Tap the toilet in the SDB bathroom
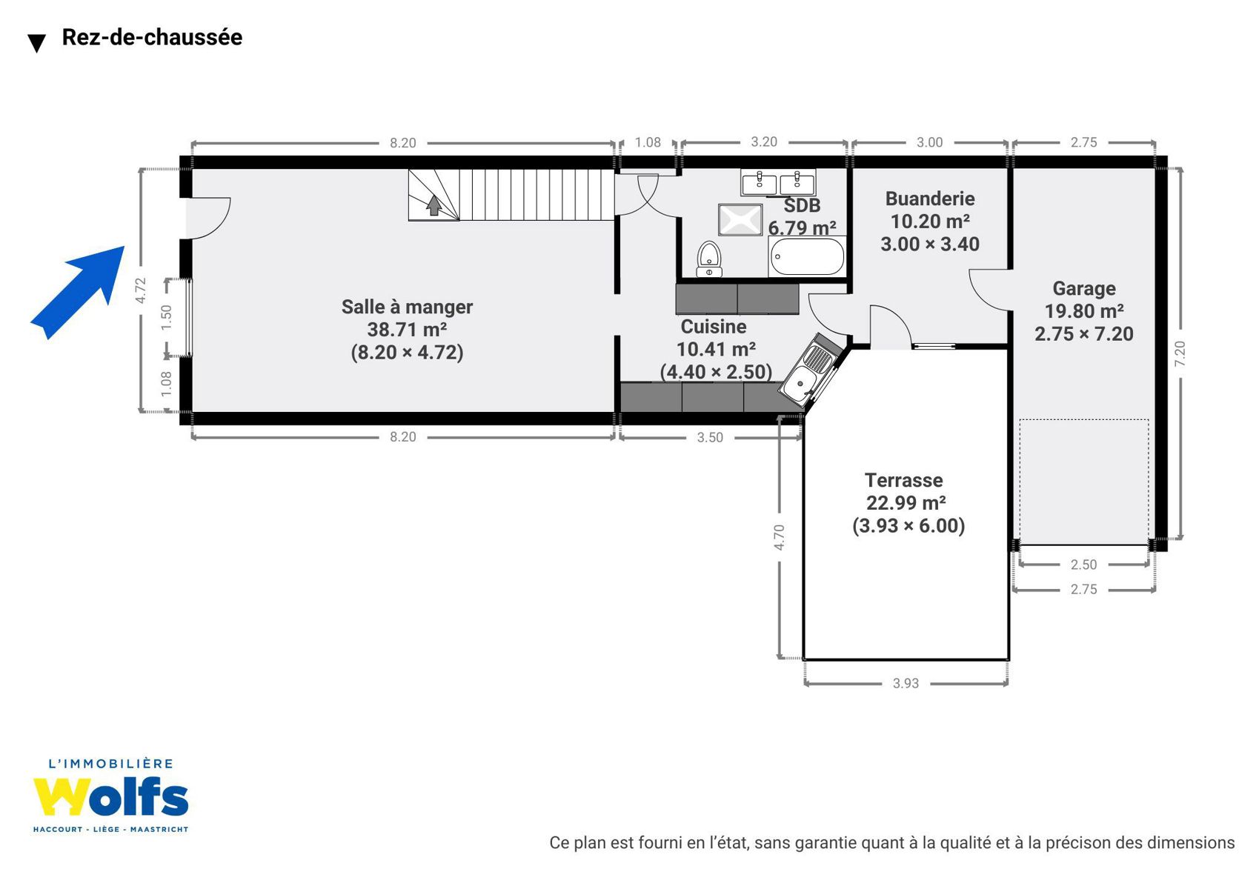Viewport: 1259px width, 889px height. tap(709, 259)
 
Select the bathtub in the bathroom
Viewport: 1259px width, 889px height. tap(807, 256)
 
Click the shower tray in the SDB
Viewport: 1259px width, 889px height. tap(740, 219)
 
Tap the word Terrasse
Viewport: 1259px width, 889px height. tap(904, 480)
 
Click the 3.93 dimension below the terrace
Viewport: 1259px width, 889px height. tap(906, 683)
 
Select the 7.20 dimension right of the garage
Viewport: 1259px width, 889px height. tap(1180, 353)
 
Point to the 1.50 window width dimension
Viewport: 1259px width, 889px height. tap(166, 318)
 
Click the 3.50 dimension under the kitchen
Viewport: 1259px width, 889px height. tap(710, 437)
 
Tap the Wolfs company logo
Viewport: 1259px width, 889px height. tap(110, 795)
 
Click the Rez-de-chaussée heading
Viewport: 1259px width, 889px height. tap(152, 37)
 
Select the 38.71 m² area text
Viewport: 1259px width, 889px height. tap(407, 330)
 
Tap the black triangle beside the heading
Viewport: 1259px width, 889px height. tap(36, 43)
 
